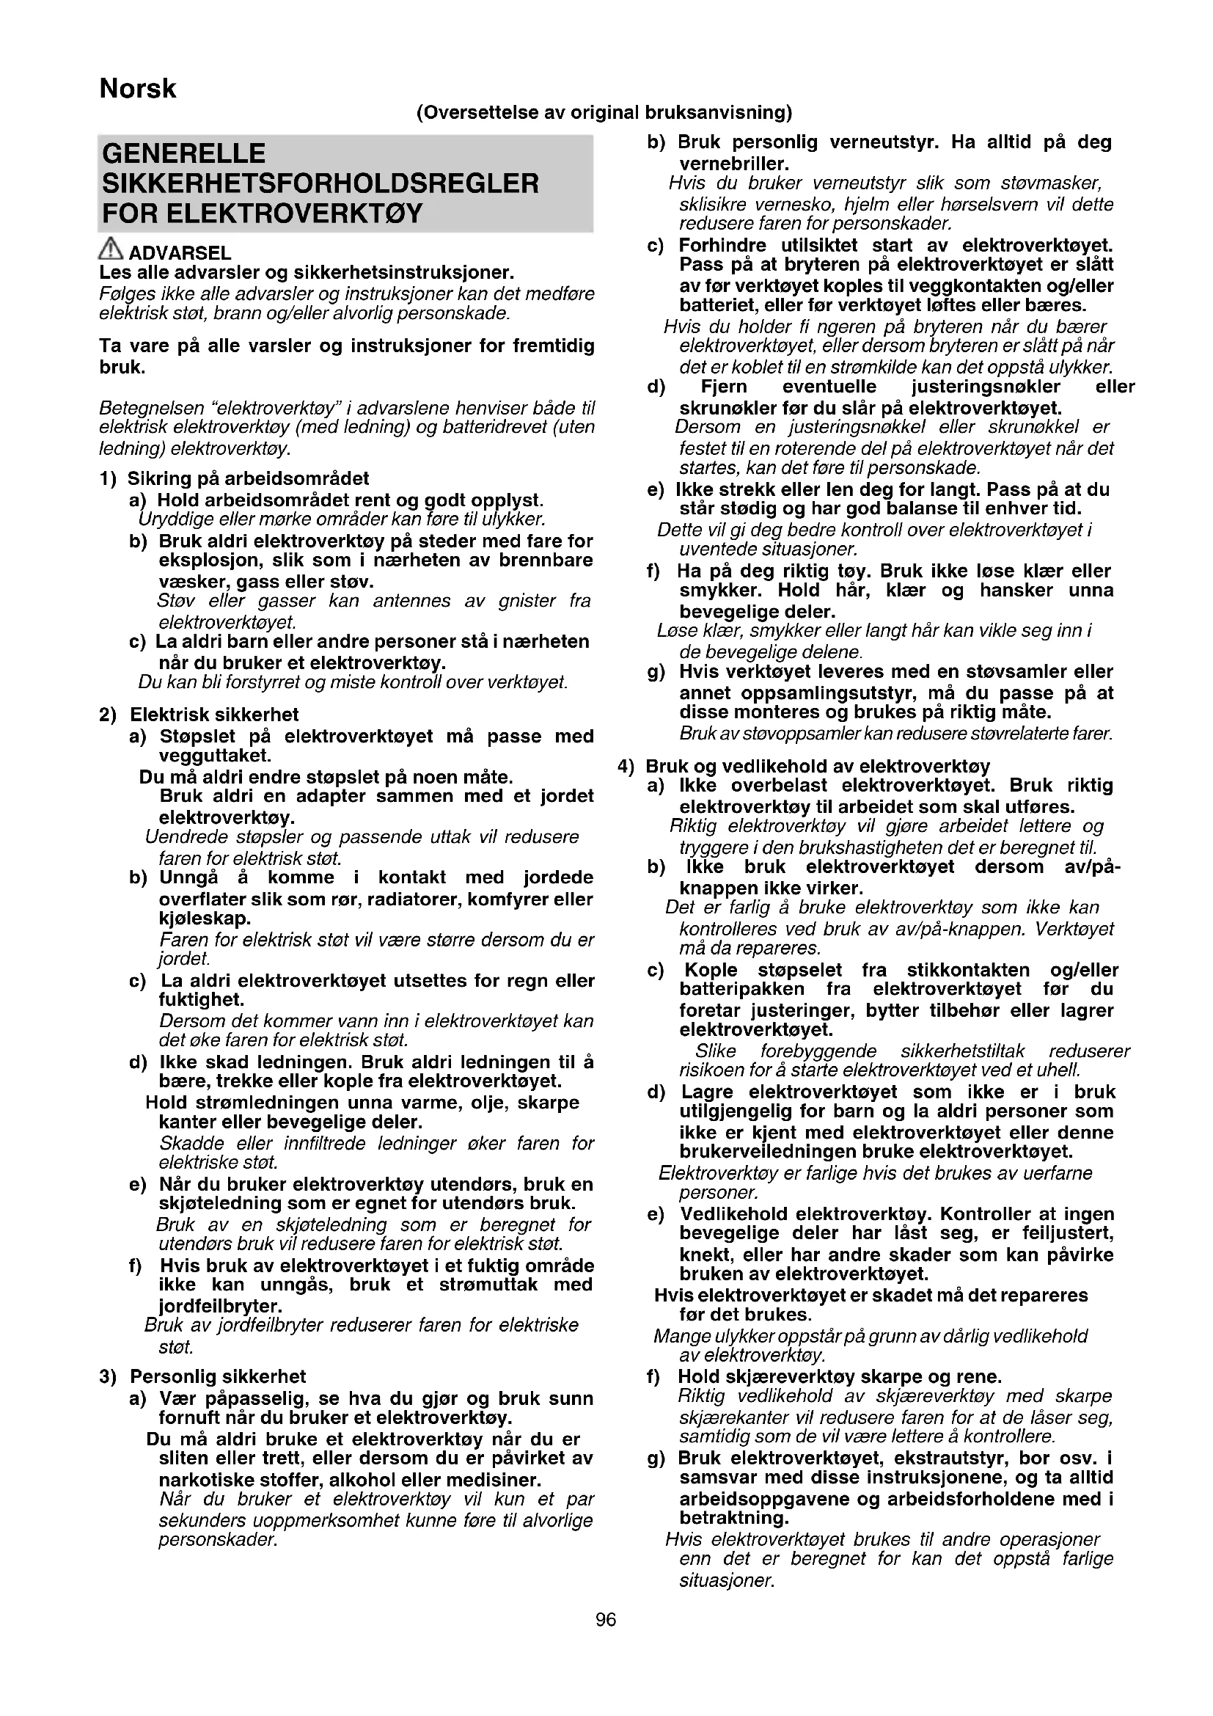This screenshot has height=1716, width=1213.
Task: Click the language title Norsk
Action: pyautogui.click(x=137, y=89)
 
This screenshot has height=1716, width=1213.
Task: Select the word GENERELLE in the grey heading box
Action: pyautogui.click(x=184, y=154)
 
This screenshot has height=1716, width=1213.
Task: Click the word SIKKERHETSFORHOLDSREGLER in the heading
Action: pyautogui.click(x=320, y=184)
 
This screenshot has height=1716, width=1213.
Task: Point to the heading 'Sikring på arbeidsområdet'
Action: pyautogui.click(x=248, y=478)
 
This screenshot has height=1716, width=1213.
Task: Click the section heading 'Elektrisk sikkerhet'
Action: pyautogui.click(x=214, y=715)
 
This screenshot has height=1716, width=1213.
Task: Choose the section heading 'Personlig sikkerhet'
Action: pyautogui.click(x=218, y=1376)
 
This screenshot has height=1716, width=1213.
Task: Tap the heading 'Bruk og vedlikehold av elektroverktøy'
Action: pyautogui.click(x=818, y=766)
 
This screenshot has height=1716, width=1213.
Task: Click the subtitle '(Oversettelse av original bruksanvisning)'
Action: pyautogui.click(x=604, y=113)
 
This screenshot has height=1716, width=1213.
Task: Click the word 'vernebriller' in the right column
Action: pyautogui.click(x=733, y=164)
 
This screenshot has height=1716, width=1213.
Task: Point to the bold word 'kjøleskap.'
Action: pyautogui.click(x=205, y=918)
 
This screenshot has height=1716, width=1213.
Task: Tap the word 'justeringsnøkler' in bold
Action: pyautogui.click(x=985, y=387)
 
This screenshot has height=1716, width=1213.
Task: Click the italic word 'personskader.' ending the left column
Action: pyautogui.click(x=217, y=1541)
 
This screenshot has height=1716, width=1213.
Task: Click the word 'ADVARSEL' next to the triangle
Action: pyautogui.click(x=180, y=253)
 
